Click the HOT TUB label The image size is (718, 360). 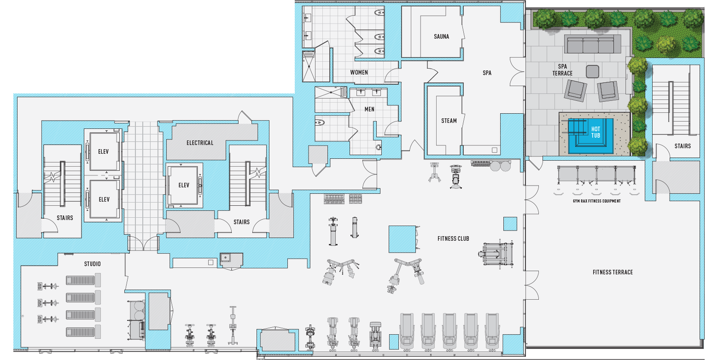(595, 132)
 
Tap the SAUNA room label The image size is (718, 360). (441, 36)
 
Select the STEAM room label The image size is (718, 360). (449, 121)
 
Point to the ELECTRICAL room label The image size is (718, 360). (200, 143)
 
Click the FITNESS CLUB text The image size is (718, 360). (453, 238)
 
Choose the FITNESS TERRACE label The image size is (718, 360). (613, 272)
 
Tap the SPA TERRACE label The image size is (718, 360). (562, 70)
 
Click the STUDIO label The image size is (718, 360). (92, 264)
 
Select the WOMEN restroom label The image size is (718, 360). (359, 72)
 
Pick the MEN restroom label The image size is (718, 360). (369, 109)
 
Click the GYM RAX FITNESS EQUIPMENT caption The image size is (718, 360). (596, 201)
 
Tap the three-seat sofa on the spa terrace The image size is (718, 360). (592, 45)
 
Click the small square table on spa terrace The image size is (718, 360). (592, 71)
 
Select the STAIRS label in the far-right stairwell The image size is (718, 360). (682, 146)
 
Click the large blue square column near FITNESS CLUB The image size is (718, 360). (402, 239)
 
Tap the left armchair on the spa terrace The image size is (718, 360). (575, 90)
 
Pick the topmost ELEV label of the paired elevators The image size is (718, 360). (104, 151)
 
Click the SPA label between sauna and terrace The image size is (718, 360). (487, 73)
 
